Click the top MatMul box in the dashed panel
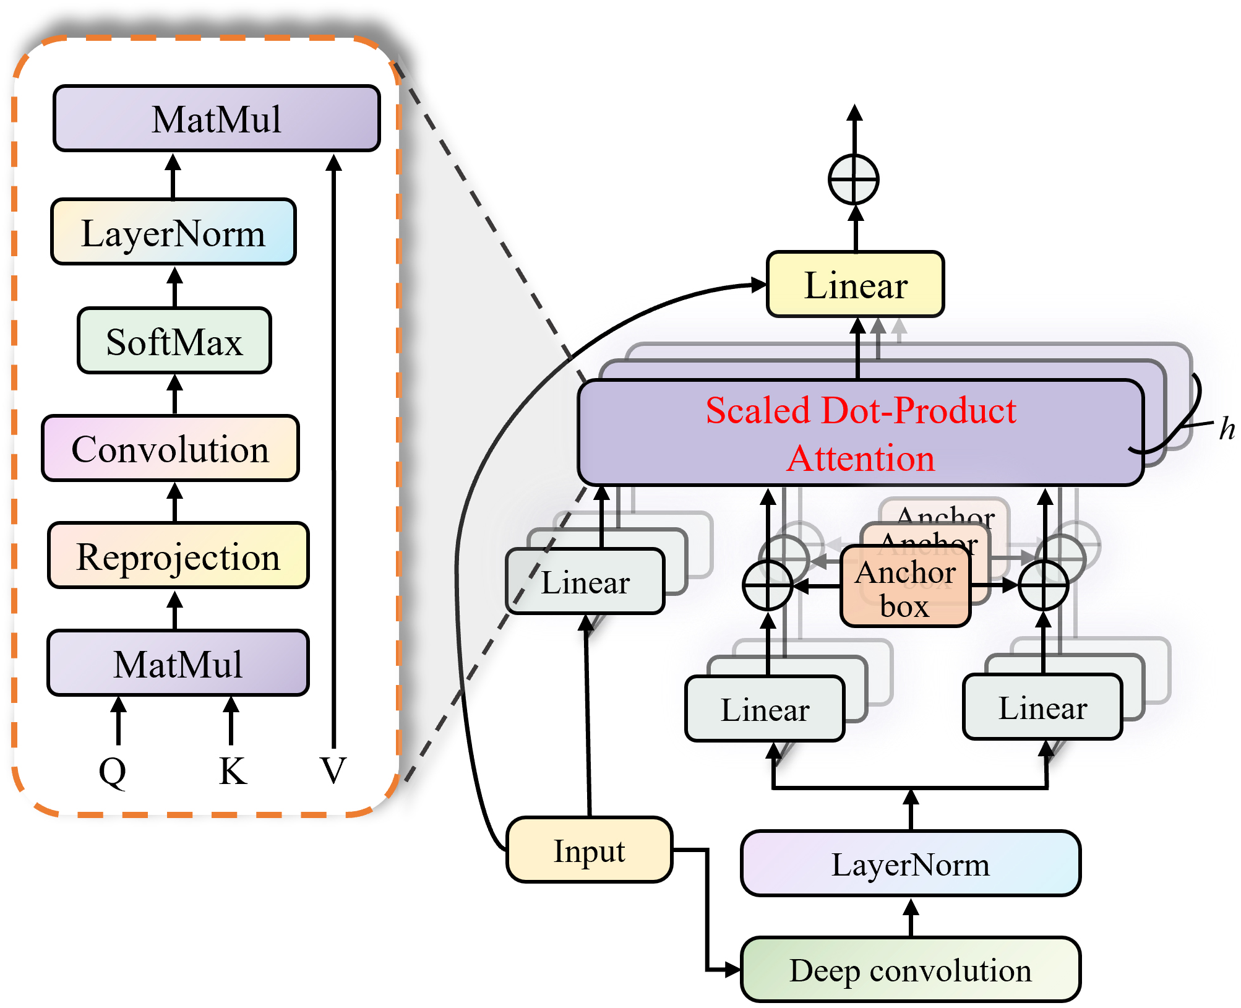click(217, 118)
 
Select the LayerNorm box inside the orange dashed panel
click(173, 232)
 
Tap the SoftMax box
click(174, 341)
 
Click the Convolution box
click(170, 448)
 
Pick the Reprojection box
click(178, 556)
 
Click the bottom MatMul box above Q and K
click(178, 663)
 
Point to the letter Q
click(113, 771)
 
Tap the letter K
click(233, 771)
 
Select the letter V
click(333, 771)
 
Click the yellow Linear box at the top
click(855, 285)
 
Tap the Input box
click(589, 850)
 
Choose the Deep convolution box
click(911, 970)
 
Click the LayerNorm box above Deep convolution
click(911, 864)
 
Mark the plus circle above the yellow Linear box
click(854, 180)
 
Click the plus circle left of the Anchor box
click(767, 585)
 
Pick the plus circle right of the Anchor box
click(1043, 585)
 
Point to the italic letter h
click(1226, 429)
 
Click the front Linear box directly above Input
click(585, 582)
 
